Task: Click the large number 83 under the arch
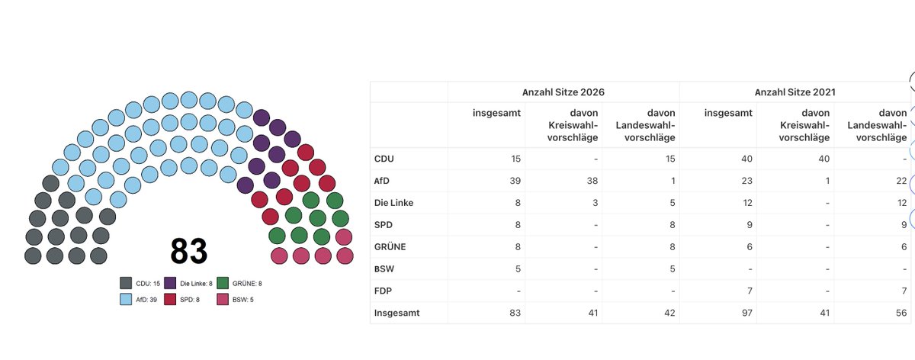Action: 189,251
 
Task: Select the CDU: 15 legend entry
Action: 140,283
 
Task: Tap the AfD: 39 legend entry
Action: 138,300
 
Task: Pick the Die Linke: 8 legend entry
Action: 188,283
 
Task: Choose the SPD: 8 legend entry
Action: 181,300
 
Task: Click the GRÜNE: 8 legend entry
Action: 239,283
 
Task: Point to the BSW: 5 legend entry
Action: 235,300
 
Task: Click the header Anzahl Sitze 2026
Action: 563,92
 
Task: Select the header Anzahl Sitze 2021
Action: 795,92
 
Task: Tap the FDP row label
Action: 383,291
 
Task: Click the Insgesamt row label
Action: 396,313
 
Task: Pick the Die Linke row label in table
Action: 393,203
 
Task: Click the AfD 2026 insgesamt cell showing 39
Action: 515,181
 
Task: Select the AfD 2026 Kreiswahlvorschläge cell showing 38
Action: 592,181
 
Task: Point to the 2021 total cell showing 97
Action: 747,313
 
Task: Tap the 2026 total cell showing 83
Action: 515,313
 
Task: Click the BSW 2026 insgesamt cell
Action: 518,269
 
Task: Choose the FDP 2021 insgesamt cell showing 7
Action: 750,291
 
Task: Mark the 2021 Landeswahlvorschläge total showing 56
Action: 901,313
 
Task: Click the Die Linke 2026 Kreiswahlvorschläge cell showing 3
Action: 596,203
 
